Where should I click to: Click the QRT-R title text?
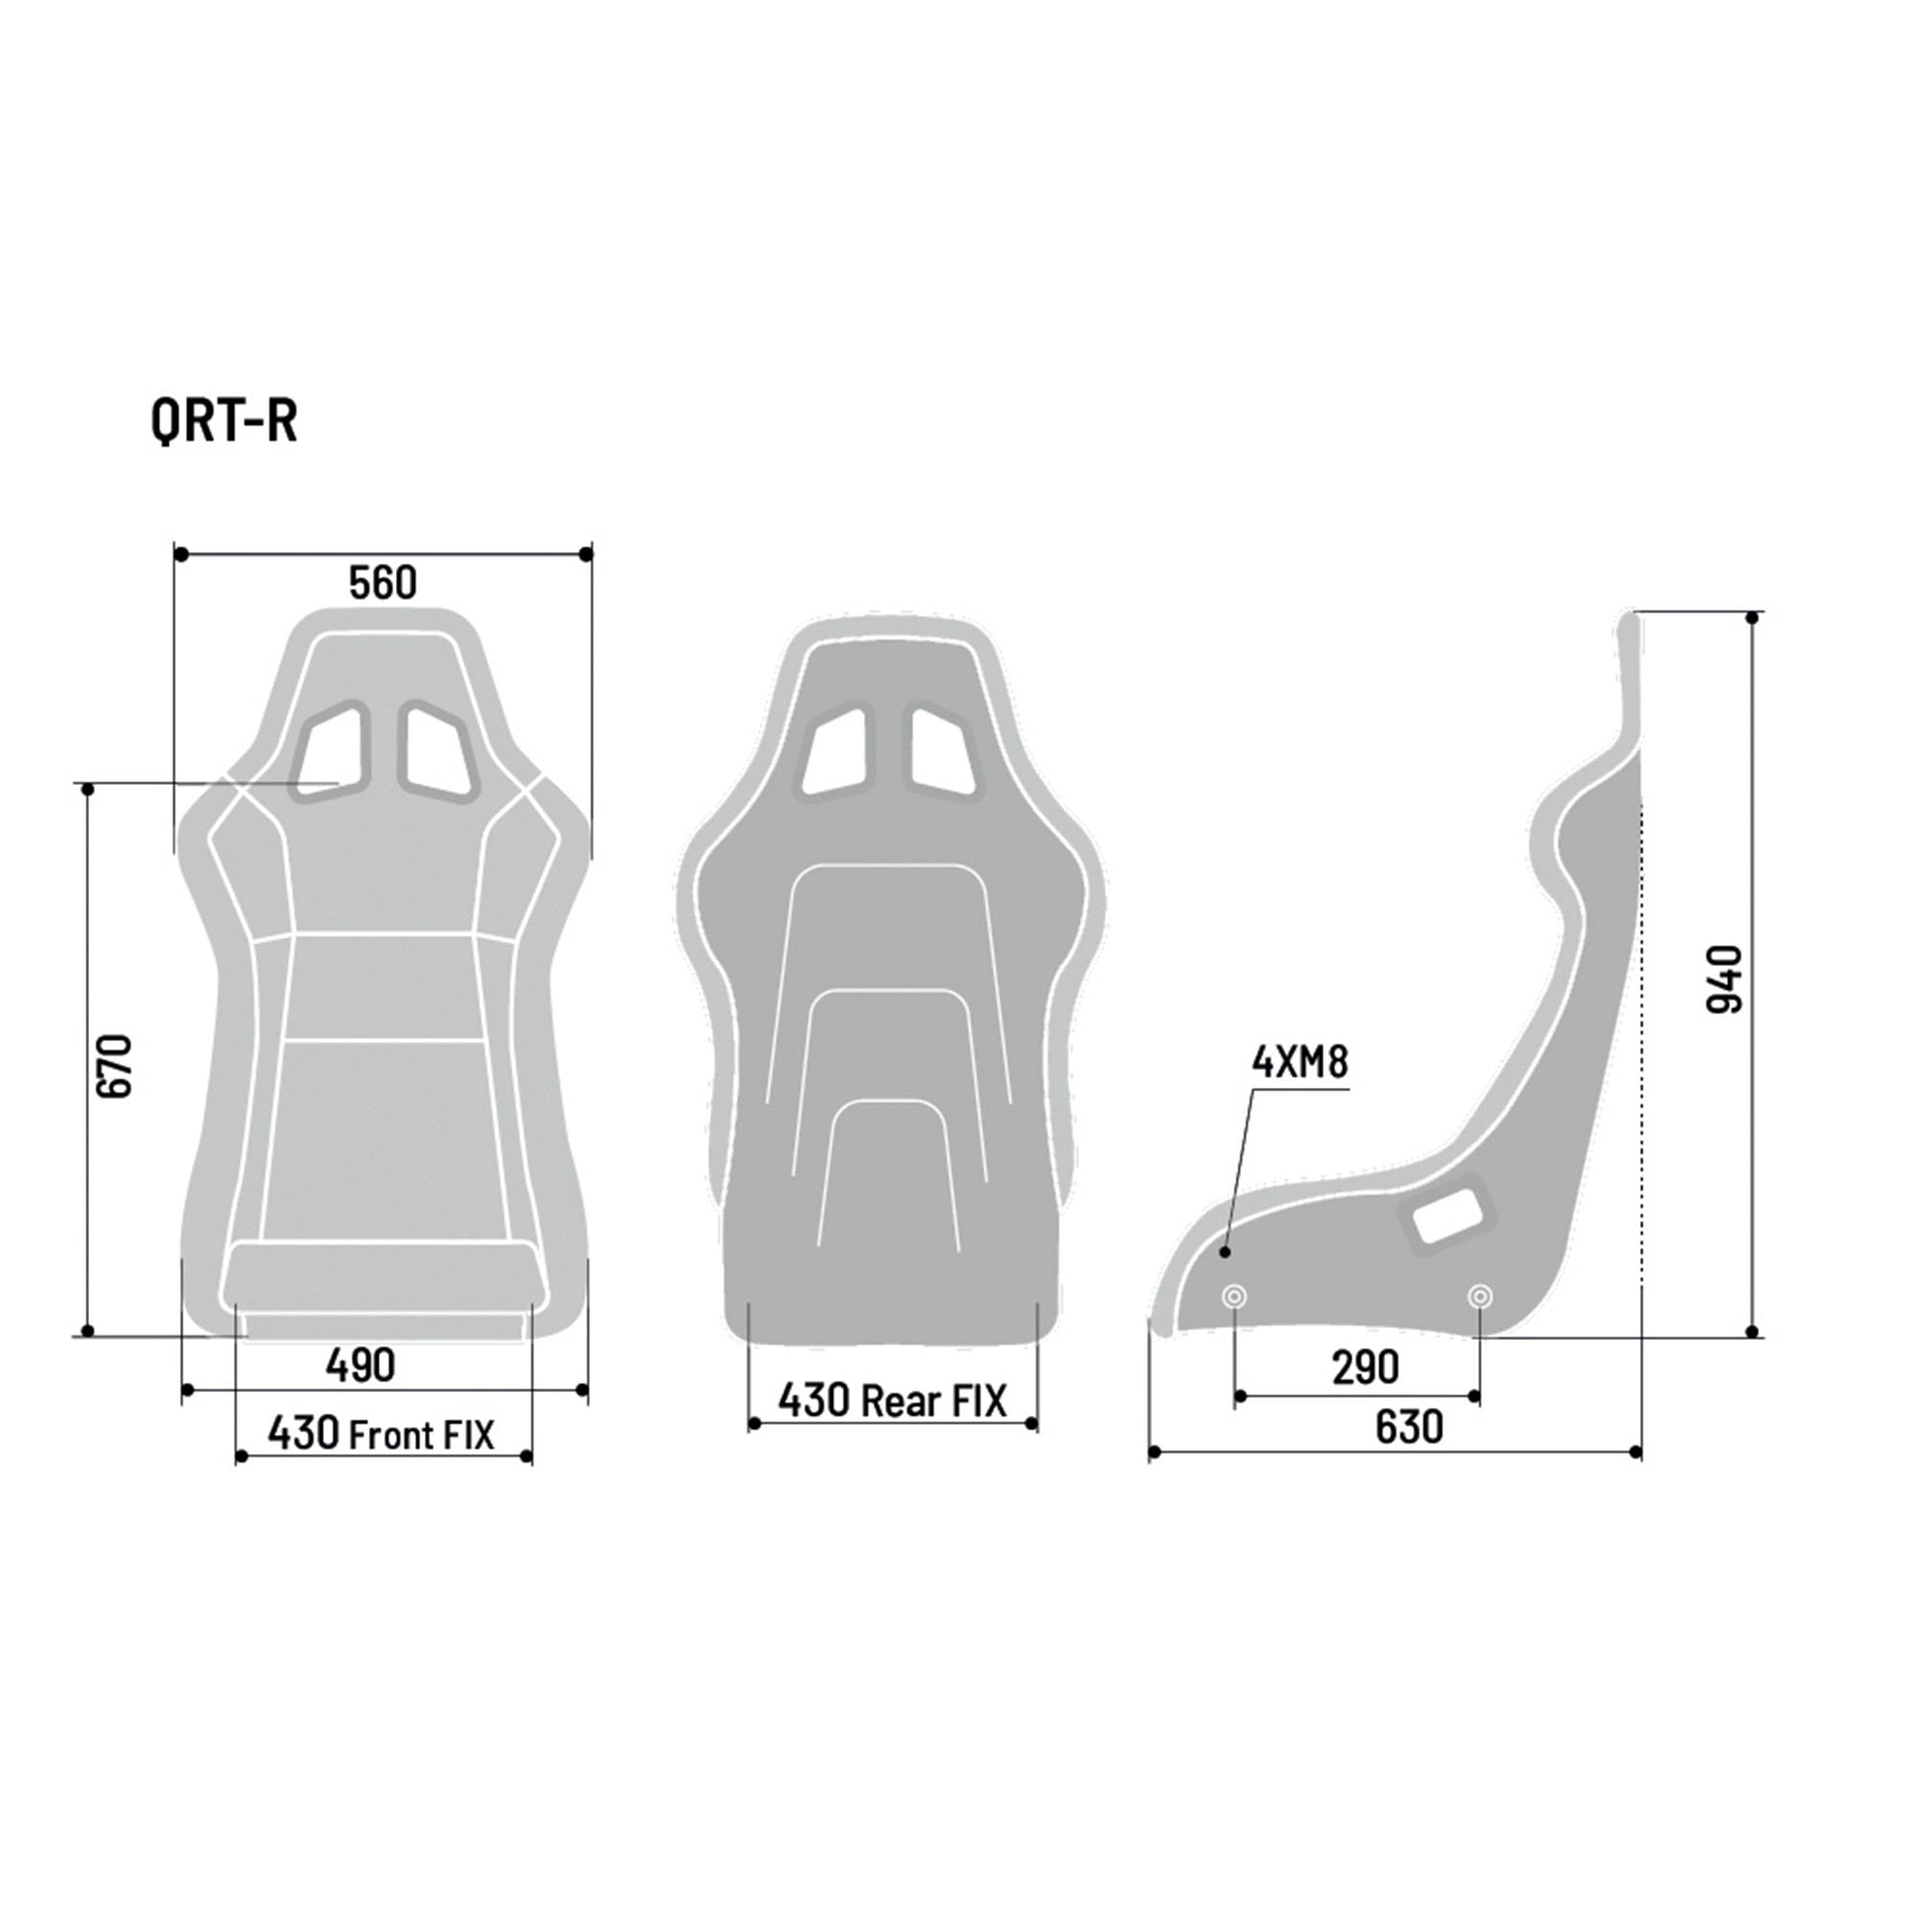pos(224,422)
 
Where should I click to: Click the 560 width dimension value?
pos(383,584)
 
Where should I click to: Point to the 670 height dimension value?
pos(116,1066)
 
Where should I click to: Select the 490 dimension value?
pos(360,1365)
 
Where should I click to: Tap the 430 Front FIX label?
pos(381,1434)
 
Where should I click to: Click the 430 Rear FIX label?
pos(892,1400)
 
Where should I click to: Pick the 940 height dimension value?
pos(1724,980)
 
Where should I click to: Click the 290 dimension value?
pos(1365,1368)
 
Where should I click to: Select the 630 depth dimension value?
pos(1409,1427)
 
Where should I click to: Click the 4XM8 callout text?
pos(1300,1063)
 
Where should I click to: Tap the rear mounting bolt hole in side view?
pos(1479,1296)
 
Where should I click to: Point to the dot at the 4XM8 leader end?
pos(1225,1252)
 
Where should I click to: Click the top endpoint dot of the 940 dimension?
pos(1753,618)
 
